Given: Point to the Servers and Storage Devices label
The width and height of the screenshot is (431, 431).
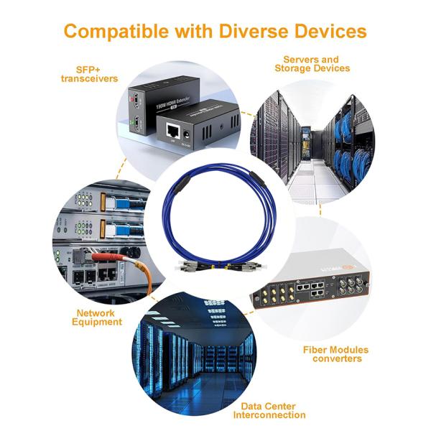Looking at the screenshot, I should tap(312, 64).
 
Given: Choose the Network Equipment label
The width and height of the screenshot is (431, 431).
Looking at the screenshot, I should tap(97, 318).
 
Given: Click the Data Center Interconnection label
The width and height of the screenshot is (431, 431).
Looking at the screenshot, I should tap(274, 410).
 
